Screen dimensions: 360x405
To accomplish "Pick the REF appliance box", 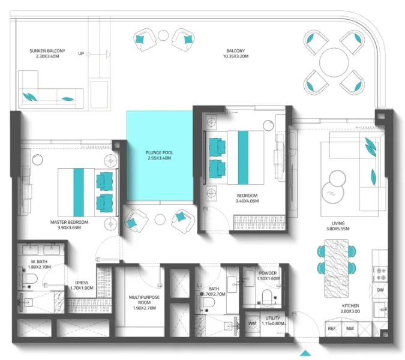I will point(331,328).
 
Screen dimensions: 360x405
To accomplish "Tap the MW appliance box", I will point(349,328).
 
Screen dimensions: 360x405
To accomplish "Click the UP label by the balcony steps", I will point(81,54).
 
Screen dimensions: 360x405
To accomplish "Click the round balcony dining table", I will point(335,61).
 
